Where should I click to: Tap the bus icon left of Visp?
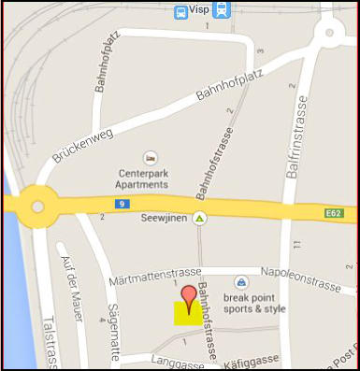pos(181,11)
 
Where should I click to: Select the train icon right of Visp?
pos(221,10)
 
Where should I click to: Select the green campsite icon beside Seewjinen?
pos(199,219)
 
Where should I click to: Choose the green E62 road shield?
pos(335,214)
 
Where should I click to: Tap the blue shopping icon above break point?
pos(241,282)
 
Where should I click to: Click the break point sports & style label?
pos(254,303)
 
